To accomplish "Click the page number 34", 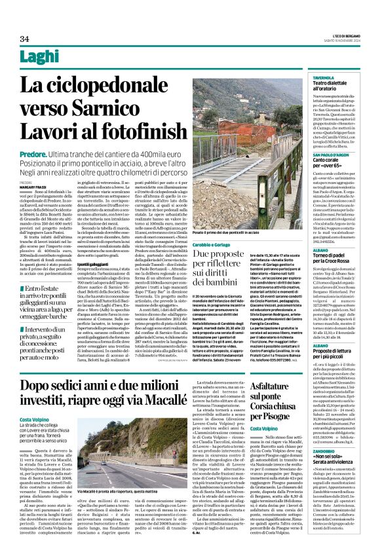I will click(x=24, y=39).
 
